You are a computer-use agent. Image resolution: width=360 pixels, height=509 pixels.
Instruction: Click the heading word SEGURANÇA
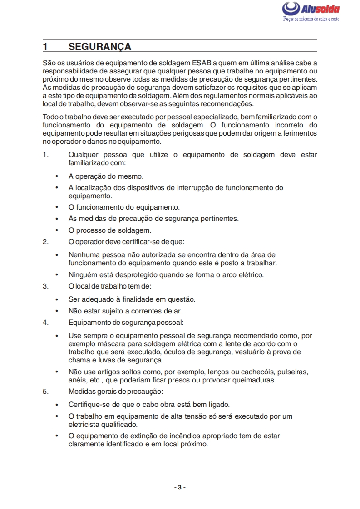[100, 47]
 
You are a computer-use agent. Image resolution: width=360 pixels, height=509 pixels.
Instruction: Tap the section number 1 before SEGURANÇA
[45, 47]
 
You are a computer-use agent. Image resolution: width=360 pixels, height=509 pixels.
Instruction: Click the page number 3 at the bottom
[180, 487]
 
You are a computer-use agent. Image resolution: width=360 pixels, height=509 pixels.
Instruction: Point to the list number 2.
[45, 241]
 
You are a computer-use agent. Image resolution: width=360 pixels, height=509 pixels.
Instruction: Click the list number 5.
[45, 391]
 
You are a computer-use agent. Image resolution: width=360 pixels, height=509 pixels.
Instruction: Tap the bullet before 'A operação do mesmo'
[57, 176]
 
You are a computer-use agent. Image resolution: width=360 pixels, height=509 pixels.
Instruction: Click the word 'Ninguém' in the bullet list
[82, 274]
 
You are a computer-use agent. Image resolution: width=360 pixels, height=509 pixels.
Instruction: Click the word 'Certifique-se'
[89, 404]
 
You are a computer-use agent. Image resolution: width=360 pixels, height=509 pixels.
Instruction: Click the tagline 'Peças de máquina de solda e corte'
[311, 20]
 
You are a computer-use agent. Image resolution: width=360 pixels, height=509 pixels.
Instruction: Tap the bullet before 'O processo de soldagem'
[57, 230]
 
